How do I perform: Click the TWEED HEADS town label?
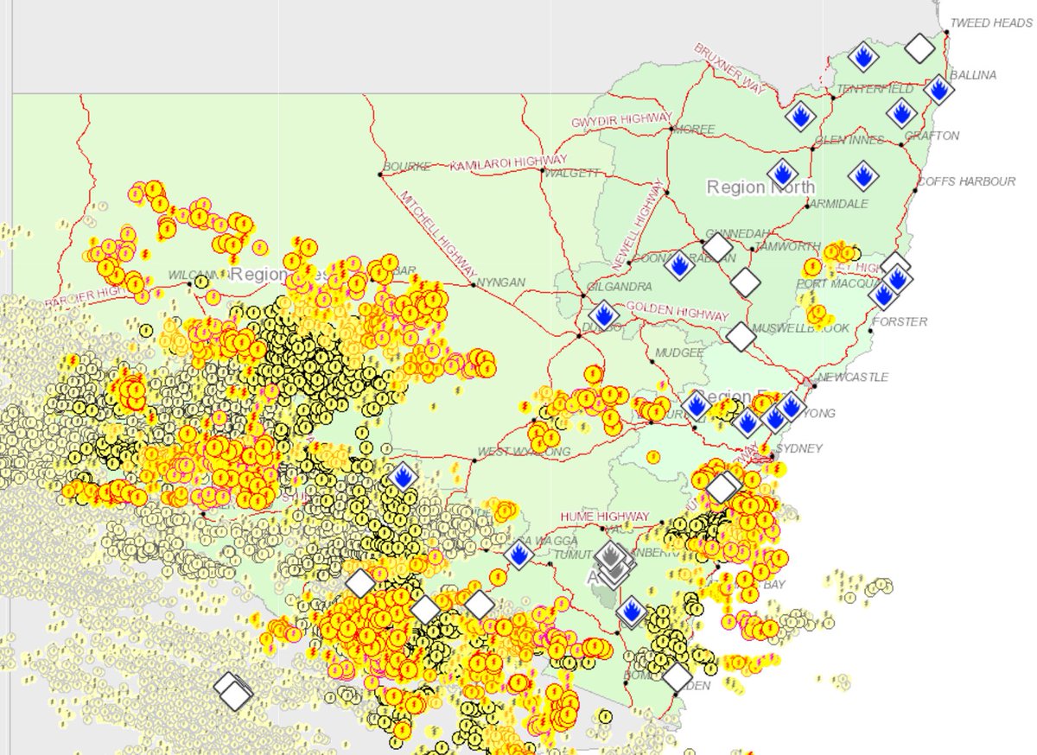(990, 23)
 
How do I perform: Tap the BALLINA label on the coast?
(973, 75)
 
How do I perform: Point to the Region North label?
(760, 187)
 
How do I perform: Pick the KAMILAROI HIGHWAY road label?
(508, 162)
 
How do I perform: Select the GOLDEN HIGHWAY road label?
(678, 311)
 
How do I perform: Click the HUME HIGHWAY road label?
(604, 516)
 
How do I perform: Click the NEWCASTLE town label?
(853, 377)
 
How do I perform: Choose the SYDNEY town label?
(799, 448)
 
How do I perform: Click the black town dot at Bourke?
(380, 174)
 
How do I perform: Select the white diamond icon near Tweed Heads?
(920, 48)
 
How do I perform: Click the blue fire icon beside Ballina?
(938, 89)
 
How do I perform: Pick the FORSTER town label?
(900, 321)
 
